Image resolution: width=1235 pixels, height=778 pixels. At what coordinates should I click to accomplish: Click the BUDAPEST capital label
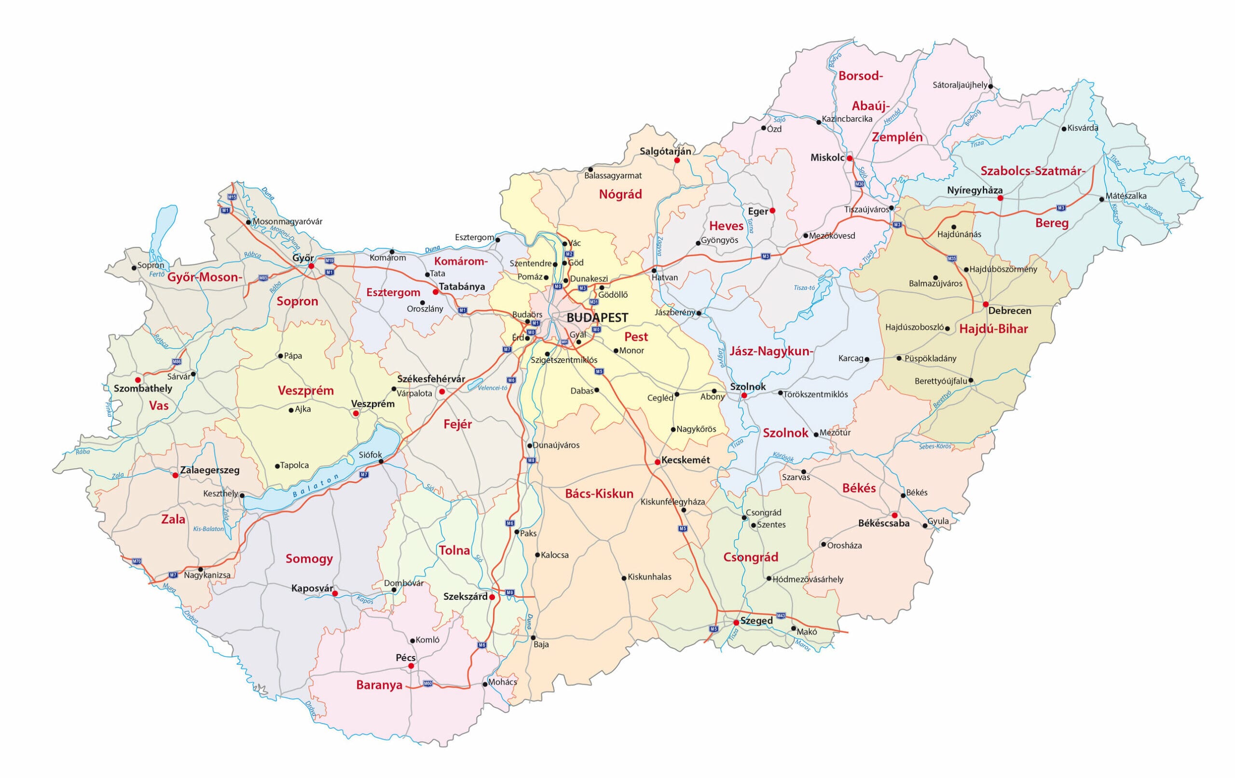pos(597,317)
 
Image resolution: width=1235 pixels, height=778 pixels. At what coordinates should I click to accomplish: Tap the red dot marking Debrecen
pos(985,304)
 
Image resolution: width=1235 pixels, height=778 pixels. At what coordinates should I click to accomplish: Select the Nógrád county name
pos(620,194)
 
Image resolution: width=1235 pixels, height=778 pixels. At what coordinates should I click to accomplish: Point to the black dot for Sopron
pos(134,267)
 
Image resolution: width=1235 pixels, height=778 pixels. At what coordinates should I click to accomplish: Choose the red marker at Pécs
pos(411,666)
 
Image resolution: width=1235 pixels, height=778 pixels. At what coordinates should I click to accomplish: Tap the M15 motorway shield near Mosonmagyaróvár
pos(232,197)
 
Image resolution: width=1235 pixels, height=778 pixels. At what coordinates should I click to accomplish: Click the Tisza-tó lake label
pos(804,288)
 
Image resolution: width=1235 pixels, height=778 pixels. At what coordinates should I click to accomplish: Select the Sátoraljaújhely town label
pos(960,85)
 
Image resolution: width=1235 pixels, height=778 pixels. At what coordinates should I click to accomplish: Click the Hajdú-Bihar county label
pos(993,329)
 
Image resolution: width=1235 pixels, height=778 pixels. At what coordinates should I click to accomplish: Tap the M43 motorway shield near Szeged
pos(781,615)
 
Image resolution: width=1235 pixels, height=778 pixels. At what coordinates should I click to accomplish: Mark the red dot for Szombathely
pos(137,380)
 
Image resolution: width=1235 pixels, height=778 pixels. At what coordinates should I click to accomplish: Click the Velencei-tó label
pos(493,388)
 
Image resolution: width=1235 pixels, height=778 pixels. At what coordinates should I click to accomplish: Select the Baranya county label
pos(379,685)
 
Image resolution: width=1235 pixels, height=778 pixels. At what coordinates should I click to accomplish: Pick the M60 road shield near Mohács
pos(428,683)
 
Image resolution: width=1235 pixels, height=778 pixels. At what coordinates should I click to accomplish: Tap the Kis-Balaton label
pos(208,529)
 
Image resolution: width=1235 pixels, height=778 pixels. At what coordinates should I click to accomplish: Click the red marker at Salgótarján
pos(676,161)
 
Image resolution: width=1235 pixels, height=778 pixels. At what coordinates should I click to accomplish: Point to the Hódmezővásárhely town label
pos(808,579)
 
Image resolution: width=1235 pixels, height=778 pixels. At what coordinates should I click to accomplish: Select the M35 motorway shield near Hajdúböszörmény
pos(952,259)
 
